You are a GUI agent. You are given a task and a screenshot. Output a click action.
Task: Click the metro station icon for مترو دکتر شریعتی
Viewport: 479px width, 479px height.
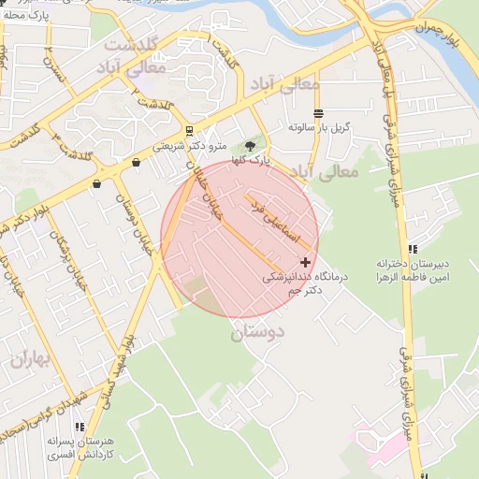click(x=191, y=131)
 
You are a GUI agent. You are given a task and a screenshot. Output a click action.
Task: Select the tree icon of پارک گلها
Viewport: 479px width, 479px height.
click(x=249, y=146)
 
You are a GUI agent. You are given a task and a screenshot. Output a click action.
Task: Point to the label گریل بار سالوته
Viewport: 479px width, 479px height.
click(x=318, y=126)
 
